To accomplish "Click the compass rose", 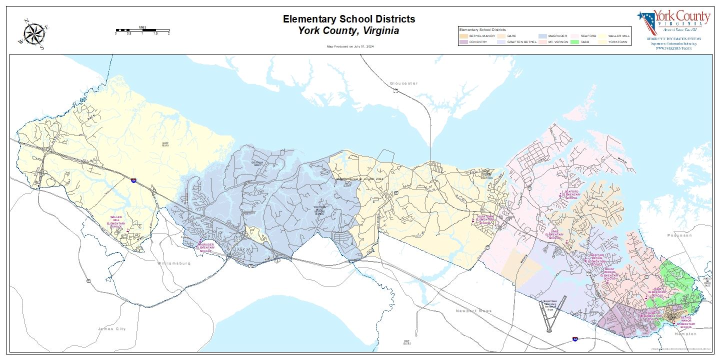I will pos(34,34).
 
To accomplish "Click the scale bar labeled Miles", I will pos(142,30).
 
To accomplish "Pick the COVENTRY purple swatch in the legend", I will pos(463,42).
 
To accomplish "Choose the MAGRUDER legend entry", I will pos(557,36).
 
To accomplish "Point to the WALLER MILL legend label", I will pos(618,36).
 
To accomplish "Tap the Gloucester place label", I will pos(403,83).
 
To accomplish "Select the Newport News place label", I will pos(473,310).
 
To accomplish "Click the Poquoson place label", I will pos(679,234).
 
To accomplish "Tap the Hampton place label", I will pos(684,333).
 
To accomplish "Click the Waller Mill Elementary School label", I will pos(116,222).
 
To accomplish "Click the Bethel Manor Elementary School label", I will pos(686,322).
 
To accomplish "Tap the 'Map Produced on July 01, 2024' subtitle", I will pos(350,46).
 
